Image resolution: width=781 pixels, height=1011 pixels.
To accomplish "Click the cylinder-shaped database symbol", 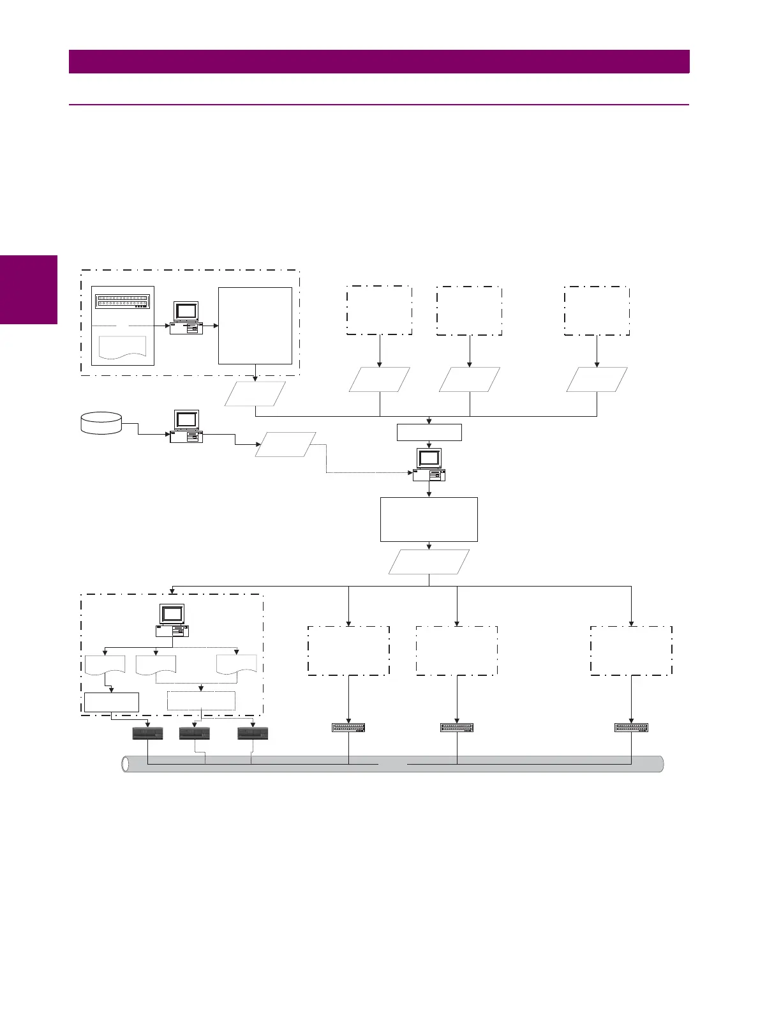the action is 101,423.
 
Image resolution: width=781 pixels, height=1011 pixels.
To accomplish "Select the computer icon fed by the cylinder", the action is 186,426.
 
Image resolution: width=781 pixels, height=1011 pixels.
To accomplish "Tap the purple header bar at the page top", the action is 379,61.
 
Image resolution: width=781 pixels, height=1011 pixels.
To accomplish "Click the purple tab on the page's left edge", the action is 29,290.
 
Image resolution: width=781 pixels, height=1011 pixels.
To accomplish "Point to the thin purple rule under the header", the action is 379,104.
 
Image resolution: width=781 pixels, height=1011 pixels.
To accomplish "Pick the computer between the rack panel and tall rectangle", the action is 186,318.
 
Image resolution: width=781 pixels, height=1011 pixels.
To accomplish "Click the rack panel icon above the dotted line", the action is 123,301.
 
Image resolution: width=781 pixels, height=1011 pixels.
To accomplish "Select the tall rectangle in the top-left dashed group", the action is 255,326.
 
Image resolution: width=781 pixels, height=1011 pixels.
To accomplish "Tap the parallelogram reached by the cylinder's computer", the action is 285,444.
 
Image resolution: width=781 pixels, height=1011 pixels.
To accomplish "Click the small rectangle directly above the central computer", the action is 429,432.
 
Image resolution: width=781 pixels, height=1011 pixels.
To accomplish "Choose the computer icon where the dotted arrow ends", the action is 429,465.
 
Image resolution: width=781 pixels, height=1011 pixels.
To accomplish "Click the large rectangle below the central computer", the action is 429,520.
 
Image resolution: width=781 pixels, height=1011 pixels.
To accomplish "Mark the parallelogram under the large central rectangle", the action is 429,562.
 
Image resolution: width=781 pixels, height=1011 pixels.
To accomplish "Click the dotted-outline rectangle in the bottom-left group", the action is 201,701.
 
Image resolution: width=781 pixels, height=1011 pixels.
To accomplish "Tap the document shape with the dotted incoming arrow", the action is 237,664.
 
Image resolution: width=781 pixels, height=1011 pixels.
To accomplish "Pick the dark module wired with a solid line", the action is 147,733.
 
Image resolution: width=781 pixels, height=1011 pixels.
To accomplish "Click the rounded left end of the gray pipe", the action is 126,764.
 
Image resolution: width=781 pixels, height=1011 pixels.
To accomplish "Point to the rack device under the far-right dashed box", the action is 631,728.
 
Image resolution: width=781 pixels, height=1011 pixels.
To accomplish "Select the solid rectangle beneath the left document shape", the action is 112,702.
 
